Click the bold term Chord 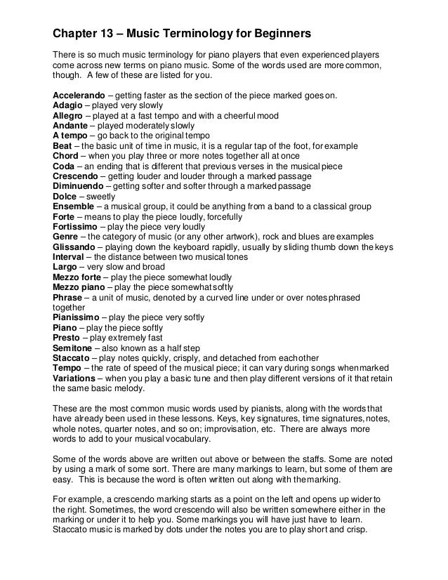click(x=67, y=156)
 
